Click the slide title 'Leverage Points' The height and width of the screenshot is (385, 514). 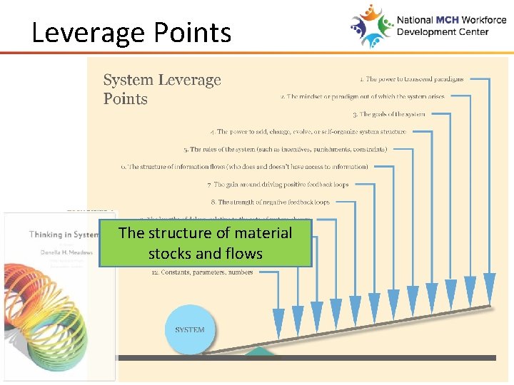[x=131, y=33]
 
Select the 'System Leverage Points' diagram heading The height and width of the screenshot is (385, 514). [x=162, y=90]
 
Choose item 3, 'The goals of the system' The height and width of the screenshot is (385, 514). [x=388, y=114]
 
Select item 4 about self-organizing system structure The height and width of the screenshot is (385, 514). [x=308, y=132]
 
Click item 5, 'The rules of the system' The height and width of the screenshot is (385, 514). [x=286, y=150]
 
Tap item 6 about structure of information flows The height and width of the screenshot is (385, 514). [x=245, y=167]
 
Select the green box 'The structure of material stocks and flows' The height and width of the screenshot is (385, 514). [x=206, y=243]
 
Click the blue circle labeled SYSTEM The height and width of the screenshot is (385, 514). [x=189, y=329]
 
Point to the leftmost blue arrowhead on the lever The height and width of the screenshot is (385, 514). [x=278, y=319]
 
